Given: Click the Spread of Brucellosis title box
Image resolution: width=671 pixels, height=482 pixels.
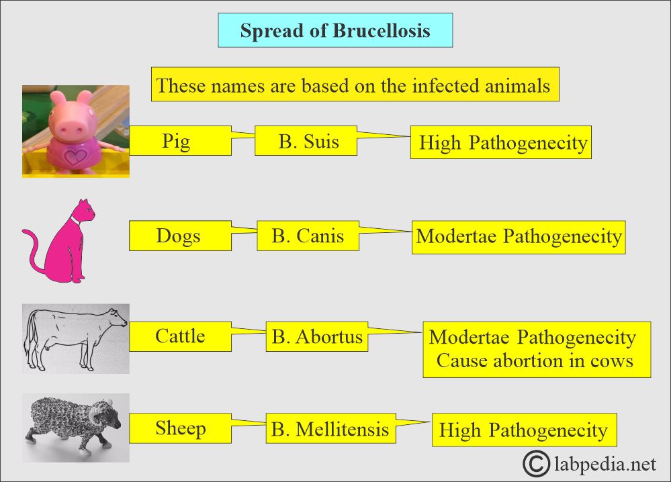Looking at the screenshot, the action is [335, 30].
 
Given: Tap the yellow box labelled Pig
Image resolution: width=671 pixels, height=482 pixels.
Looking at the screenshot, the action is [180, 141].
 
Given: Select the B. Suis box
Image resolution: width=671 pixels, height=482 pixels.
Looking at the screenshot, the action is [306, 141].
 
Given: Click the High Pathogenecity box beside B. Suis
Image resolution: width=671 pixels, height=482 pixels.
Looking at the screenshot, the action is [500, 142].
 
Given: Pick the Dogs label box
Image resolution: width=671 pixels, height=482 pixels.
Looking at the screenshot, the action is [180, 236].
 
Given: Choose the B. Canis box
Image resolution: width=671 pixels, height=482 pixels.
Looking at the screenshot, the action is [308, 236].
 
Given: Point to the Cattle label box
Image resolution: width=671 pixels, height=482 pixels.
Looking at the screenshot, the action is [180, 336].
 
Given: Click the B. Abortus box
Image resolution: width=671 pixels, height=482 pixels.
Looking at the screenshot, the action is [316, 336].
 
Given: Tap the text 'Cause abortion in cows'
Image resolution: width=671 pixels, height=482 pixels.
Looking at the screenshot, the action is [535, 360].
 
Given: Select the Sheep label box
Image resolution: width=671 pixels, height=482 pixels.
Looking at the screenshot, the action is [180, 428].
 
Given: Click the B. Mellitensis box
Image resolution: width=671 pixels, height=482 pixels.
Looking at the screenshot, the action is [330, 428].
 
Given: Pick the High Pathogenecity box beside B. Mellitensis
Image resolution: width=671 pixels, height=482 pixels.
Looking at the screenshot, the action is [524, 430].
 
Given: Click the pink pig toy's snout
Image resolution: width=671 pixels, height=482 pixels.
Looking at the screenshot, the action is [72, 126].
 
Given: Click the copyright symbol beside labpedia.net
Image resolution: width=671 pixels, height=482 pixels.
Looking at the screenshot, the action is [536, 463].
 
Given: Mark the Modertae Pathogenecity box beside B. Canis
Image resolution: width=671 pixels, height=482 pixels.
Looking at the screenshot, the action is [519, 238].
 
